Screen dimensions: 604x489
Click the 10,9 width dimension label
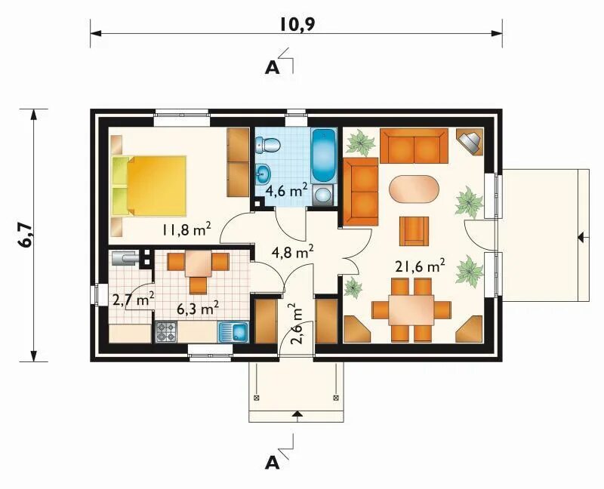tap(297, 24)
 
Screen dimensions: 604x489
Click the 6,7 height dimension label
tap(26, 235)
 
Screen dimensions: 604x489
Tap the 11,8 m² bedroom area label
tap(186, 229)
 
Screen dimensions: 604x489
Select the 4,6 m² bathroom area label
tap(287, 190)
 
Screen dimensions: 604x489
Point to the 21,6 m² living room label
tap(421, 266)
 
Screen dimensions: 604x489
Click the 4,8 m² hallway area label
tap(292, 252)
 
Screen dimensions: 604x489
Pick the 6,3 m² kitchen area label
tap(198, 308)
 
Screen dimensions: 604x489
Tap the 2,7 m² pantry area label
tap(134, 299)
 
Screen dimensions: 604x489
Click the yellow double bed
tap(149, 186)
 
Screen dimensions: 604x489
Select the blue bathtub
tap(324, 155)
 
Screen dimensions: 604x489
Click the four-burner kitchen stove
tap(166, 332)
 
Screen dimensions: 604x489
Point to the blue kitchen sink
tap(234, 332)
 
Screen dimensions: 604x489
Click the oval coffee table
tap(414, 189)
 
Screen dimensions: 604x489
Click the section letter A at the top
tap(272, 68)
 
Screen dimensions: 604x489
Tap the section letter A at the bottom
tap(272, 463)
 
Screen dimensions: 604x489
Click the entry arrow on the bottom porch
tap(297, 414)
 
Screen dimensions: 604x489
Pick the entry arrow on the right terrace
tap(583, 238)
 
